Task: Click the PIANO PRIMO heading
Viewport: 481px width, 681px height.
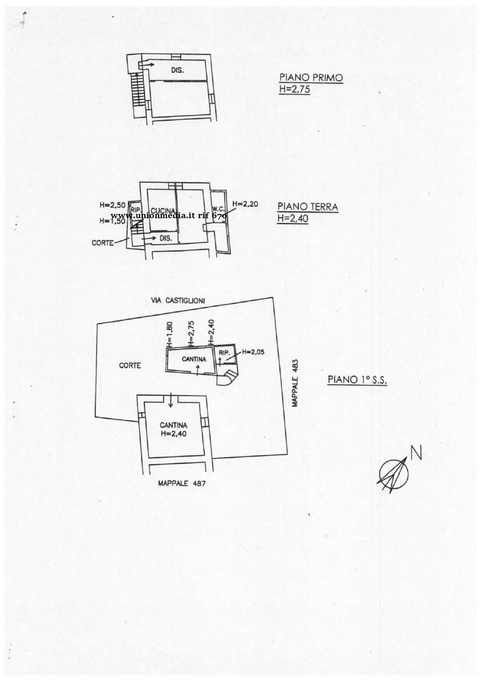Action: click(x=311, y=78)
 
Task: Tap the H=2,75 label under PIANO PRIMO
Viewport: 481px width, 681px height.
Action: click(x=294, y=89)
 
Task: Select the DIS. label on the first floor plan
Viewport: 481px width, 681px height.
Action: click(x=177, y=70)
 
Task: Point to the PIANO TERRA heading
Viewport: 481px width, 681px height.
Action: click(x=307, y=207)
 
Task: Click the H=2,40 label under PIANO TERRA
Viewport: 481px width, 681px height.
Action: click(x=293, y=218)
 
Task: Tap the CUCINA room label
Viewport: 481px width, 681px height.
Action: click(x=159, y=210)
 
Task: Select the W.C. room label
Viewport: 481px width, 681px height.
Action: click(x=218, y=208)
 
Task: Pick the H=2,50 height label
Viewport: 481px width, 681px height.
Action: click(x=112, y=205)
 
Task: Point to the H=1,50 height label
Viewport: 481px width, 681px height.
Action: click(x=112, y=221)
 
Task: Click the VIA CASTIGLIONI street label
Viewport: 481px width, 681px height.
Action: click(x=178, y=301)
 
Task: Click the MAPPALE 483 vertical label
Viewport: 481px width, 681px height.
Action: click(x=296, y=383)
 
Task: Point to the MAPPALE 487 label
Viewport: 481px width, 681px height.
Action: click(x=181, y=483)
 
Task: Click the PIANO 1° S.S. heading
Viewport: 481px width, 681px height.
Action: click(x=357, y=380)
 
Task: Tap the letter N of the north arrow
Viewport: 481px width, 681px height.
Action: click(x=416, y=453)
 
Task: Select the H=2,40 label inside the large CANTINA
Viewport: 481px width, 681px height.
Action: click(x=173, y=433)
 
